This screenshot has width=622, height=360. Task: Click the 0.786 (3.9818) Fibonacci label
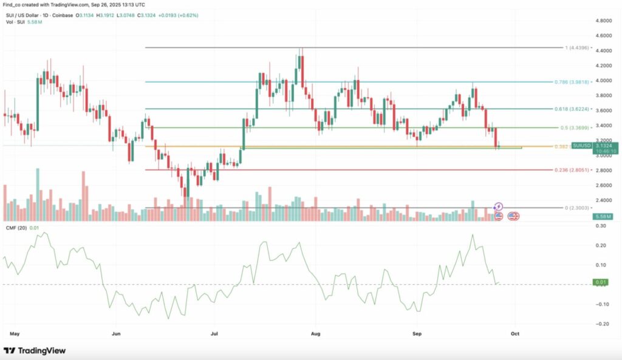(x=572, y=81)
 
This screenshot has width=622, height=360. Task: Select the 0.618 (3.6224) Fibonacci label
(x=572, y=109)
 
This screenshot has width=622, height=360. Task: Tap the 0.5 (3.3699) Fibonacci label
(x=572, y=128)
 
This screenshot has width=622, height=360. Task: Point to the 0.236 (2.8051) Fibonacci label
(x=572, y=170)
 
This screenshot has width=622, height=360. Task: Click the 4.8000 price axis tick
(x=603, y=21)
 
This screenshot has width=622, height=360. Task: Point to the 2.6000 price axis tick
(x=603, y=185)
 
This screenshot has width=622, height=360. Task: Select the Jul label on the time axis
(x=214, y=334)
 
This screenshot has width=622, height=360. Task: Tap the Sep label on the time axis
(x=417, y=334)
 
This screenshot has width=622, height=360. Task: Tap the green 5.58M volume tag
(x=603, y=216)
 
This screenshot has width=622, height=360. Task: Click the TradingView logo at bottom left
(x=35, y=351)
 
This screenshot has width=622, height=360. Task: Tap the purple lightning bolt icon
(x=499, y=207)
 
